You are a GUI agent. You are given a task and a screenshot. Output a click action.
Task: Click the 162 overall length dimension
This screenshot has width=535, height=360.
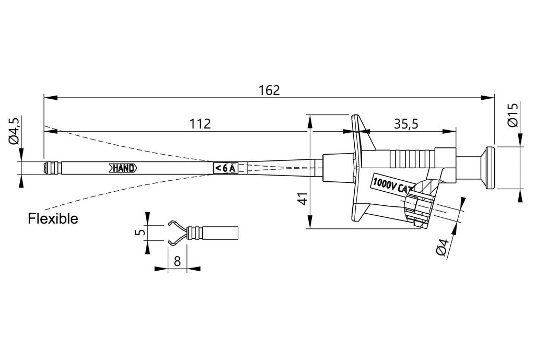coord(270,90)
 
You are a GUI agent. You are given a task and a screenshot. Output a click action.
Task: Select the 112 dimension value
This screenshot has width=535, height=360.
coord(200,124)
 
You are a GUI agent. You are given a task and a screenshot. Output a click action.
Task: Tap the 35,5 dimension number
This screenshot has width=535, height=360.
coord(406,124)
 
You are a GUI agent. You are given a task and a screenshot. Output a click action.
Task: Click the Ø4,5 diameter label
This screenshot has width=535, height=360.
coord(15,131)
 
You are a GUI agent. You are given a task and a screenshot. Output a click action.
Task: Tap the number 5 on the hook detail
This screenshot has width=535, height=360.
coord(139,232)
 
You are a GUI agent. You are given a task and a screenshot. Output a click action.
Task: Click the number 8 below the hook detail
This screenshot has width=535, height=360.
coord(177,261)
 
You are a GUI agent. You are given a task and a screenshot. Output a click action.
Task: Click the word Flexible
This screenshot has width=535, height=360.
coord(53,219)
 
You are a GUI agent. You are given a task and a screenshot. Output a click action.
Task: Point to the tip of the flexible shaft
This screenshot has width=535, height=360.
coord(48,168)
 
